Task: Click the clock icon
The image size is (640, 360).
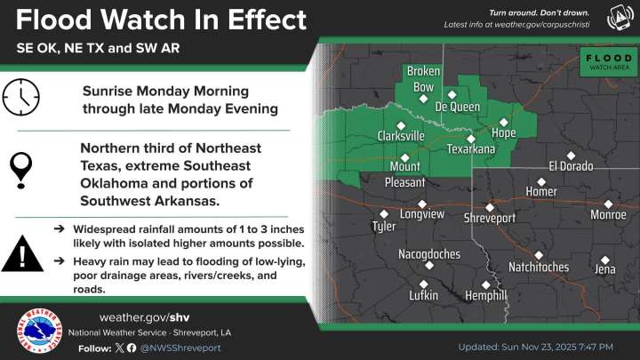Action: tap(21, 98)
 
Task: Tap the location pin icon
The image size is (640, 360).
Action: tap(21, 164)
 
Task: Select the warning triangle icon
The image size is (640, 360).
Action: tap(21, 254)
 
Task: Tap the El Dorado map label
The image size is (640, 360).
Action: tap(571, 165)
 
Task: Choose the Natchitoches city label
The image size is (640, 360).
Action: tap(538, 267)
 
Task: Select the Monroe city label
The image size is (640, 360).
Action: tap(608, 214)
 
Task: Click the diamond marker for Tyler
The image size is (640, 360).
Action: tap(384, 213)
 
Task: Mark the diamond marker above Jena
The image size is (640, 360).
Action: tap(605, 260)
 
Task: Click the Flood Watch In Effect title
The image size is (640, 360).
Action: tap(161, 20)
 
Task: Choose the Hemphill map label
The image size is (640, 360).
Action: tap(486, 295)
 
